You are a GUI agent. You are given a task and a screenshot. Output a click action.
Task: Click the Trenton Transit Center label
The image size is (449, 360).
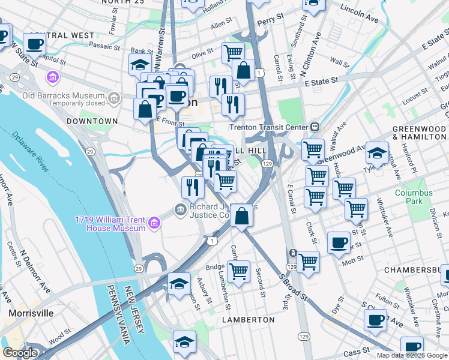click(268, 127)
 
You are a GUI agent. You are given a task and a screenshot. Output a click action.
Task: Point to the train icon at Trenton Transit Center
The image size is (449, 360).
click(314, 127)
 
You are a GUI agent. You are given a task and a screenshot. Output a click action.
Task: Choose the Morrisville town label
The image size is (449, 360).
click(31, 313)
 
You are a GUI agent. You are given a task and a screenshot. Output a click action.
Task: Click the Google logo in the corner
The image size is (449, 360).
click(20, 353)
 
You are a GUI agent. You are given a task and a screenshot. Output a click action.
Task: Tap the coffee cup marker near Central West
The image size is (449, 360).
click(35, 44)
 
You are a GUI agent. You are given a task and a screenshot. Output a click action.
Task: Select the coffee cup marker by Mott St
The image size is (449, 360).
click(339, 242)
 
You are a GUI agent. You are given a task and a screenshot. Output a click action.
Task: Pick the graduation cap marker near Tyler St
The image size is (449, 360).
click(377, 152)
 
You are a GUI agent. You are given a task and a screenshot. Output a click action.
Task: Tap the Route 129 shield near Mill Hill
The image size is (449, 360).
click(268, 164)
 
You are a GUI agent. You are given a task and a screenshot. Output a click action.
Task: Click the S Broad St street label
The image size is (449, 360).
click(294, 290)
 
